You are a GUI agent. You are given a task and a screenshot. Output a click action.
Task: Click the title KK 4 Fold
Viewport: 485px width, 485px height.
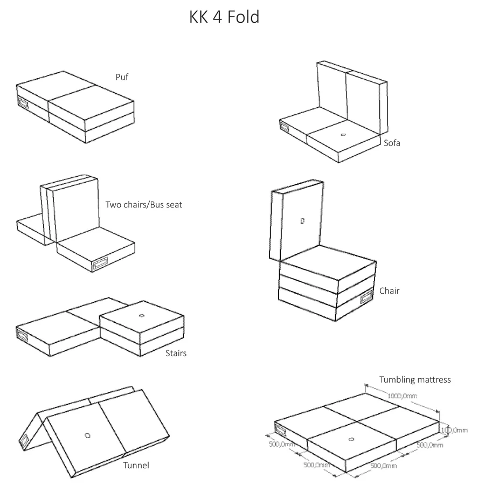[x=224, y=17]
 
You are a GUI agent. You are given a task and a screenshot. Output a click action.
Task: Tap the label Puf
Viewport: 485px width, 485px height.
[x=122, y=77]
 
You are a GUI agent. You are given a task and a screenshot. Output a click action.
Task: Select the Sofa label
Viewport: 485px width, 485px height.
[x=392, y=143]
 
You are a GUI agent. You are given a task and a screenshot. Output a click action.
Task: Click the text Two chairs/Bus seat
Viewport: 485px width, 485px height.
[x=144, y=205]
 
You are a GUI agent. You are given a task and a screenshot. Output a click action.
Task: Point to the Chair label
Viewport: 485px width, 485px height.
[x=389, y=291]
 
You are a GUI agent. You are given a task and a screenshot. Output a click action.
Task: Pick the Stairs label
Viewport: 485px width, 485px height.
[x=176, y=354]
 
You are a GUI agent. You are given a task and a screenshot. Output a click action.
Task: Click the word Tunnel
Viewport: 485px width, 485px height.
[x=136, y=465]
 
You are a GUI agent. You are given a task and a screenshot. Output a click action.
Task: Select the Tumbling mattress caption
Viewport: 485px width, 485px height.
[x=415, y=379]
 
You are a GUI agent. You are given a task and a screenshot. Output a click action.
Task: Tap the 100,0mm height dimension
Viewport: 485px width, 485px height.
[x=454, y=430]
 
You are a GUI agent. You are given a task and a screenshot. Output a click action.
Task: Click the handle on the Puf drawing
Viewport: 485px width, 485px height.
[x=24, y=102]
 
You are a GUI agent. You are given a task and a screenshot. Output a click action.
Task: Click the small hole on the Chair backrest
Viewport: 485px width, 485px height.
[x=302, y=220]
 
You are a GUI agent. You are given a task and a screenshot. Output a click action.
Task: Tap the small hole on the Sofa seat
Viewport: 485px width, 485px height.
[x=343, y=134]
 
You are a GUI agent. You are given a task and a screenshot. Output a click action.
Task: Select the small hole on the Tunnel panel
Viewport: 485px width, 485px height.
[x=88, y=435]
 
